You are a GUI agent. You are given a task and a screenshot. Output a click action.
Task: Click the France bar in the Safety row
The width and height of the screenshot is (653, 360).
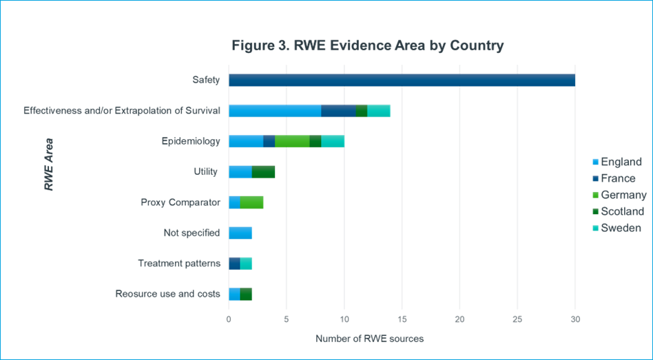click(402, 81)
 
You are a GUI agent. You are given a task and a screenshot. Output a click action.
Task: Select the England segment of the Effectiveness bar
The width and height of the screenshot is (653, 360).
click(275, 111)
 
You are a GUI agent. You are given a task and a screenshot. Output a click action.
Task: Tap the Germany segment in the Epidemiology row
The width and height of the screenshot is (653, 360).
click(292, 142)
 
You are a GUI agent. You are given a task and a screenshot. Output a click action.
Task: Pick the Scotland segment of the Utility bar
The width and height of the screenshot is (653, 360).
click(263, 172)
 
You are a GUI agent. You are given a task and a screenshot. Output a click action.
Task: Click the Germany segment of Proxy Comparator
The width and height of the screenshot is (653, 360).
click(251, 202)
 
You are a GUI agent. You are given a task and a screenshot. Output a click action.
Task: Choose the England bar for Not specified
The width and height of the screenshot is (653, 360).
click(240, 233)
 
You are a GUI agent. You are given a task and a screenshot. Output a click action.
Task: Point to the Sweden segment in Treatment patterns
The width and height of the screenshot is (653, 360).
click(246, 264)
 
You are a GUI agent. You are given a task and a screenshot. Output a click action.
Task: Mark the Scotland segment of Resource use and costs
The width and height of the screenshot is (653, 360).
click(246, 294)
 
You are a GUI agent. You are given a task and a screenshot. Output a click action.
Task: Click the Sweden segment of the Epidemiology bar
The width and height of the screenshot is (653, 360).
click(333, 142)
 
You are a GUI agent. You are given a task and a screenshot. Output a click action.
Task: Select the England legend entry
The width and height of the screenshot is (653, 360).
click(616, 162)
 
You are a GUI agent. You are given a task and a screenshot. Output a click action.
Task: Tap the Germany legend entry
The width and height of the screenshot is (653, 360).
click(619, 195)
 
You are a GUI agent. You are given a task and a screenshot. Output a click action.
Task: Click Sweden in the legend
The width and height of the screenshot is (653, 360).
click(616, 228)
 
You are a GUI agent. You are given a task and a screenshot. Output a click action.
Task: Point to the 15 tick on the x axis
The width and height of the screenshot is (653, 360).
click(402, 319)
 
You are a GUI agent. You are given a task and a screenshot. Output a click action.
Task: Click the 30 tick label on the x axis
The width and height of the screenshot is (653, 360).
click(575, 319)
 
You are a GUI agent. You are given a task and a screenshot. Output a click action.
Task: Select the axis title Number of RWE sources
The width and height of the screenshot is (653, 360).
click(369, 339)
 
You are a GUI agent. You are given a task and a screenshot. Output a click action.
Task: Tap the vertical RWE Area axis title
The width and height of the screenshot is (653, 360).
click(49, 165)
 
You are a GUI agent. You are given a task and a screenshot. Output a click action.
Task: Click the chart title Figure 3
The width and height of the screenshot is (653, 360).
click(368, 45)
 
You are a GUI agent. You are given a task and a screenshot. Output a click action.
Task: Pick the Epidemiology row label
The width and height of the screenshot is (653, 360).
click(191, 142)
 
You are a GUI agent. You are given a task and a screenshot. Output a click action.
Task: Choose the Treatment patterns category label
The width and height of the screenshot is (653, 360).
click(179, 264)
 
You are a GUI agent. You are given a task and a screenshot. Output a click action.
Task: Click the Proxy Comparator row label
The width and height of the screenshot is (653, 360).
click(180, 202)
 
